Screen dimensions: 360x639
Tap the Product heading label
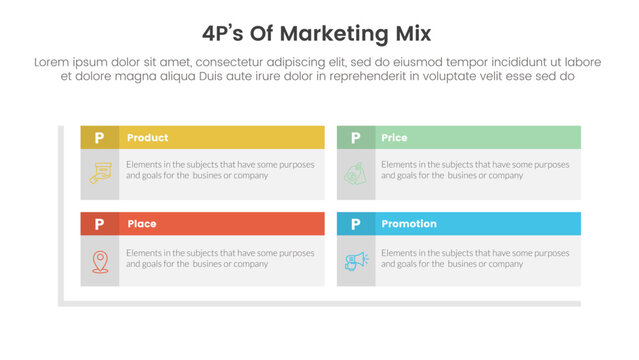[148, 138]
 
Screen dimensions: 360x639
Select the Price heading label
[394, 138]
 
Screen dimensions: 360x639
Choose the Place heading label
[142, 224]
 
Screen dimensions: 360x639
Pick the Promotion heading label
[409, 224]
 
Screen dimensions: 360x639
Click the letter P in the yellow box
[99, 138]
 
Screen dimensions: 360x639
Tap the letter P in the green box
[356, 138]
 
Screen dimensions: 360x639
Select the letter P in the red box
[99, 224]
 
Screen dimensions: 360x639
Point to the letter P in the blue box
[356, 224]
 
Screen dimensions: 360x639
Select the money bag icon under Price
[356, 174]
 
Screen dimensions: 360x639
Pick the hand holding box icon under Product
[99, 174]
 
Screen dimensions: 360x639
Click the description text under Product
[220, 169]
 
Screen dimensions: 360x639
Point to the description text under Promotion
[476, 258]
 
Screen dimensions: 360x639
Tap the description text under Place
[220, 258]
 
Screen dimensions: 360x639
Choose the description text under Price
[476, 169]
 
